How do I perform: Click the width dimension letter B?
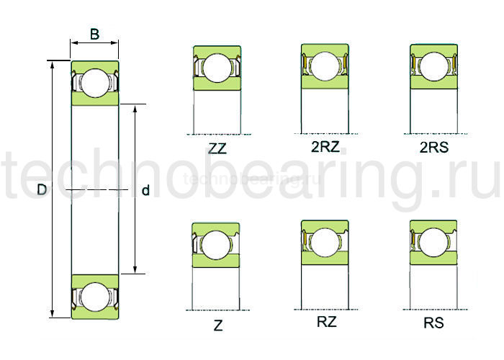(94, 33)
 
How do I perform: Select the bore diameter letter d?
(146, 191)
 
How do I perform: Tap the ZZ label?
(216, 149)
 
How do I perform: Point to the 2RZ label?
(325, 148)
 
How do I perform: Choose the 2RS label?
(433, 148)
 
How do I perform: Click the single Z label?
(217, 325)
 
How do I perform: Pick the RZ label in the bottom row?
(326, 322)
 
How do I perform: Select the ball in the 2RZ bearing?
(324, 66)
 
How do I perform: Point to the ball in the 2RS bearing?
(433, 66)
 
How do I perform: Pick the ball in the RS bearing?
(433, 242)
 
